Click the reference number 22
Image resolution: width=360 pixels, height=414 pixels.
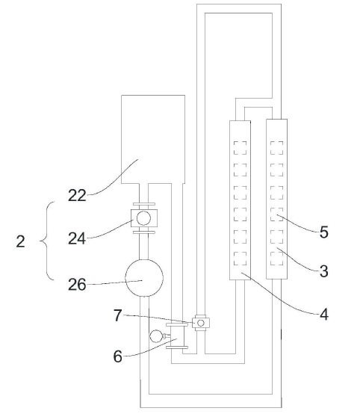77,195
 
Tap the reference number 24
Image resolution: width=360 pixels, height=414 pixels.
77,238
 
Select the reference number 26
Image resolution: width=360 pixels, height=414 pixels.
77,285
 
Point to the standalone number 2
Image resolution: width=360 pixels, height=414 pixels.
21,241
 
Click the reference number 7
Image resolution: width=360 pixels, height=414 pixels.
118,315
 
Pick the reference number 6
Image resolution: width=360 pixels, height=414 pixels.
118,356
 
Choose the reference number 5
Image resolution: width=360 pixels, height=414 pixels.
324,232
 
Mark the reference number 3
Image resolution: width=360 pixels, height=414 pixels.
324,271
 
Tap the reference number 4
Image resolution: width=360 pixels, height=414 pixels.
324,315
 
